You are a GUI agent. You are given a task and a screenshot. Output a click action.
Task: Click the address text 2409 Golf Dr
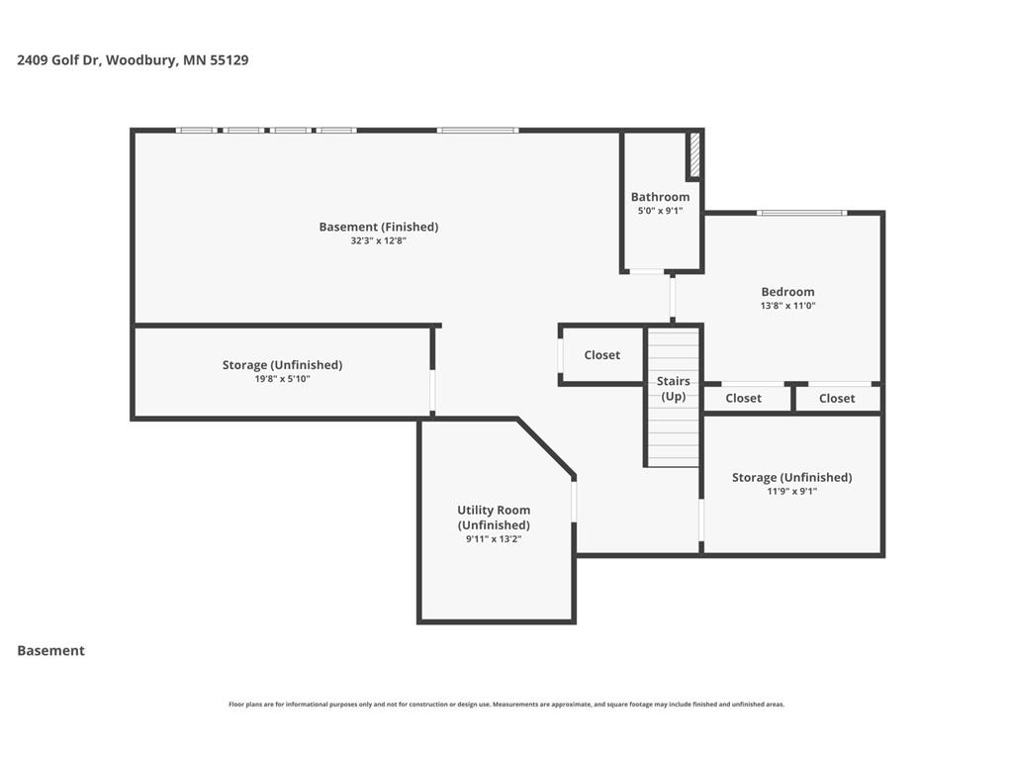tap(58, 60)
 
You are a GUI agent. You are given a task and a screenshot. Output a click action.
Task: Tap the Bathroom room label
tap(660, 197)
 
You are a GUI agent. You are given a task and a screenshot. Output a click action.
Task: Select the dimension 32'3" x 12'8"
tap(379, 241)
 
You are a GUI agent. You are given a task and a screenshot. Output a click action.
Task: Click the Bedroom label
tap(787, 292)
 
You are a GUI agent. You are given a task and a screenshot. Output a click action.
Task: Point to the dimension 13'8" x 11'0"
tap(787, 306)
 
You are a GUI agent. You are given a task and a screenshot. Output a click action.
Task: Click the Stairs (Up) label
tap(673, 388)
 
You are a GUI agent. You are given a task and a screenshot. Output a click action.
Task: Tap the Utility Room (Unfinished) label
tap(494, 518)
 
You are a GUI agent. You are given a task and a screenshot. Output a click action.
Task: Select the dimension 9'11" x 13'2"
tap(494, 539)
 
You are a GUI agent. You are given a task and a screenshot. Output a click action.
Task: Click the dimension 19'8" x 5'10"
tap(282, 379)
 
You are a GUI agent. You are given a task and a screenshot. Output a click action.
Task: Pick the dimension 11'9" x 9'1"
tap(792, 491)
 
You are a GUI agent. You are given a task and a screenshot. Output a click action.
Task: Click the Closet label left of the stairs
tap(602, 355)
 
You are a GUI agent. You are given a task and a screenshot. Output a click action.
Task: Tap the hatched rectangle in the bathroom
tap(695, 155)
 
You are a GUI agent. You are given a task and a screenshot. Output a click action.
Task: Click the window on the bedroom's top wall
tap(801, 213)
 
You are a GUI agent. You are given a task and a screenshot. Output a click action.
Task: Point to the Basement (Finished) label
tap(379, 227)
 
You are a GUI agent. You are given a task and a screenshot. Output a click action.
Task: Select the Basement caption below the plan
tap(51, 651)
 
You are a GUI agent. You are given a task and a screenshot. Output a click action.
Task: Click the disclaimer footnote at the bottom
tap(506, 705)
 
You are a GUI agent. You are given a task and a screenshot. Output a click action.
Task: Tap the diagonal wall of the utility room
tap(546, 448)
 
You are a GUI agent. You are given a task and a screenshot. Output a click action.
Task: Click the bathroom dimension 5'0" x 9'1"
tap(660, 211)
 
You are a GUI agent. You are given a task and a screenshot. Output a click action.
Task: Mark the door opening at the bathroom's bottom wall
tap(647, 271)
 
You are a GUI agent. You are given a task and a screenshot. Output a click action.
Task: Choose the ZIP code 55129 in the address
tap(230, 60)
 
